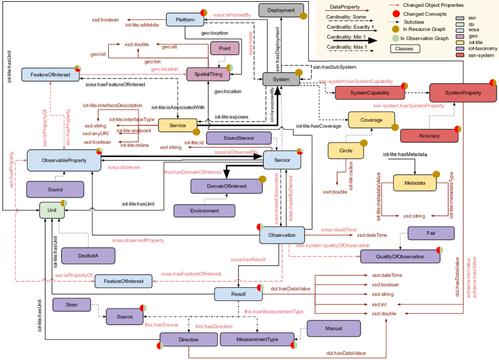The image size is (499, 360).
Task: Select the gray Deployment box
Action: click(x=280, y=10)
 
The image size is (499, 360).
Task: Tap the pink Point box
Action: click(x=224, y=49)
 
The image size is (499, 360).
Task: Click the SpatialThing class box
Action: click(x=207, y=74)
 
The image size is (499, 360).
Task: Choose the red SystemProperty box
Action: click(x=463, y=93)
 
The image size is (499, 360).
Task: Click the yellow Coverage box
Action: click(x=371, y=120)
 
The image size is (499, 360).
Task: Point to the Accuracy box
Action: click(x=429, y=136)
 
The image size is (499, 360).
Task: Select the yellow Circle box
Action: click(x=346, y=151)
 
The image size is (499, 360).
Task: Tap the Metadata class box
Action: click(x=414, y=183)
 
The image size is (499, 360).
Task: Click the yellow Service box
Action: click(x=177, y=125)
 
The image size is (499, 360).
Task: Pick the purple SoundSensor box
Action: click(x=239, y=138)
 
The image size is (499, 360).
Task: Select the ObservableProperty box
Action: click(x=64, y=160)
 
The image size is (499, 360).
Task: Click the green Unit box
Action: click(x=52, y=210)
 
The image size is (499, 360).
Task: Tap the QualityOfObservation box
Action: click(x=400, y=256)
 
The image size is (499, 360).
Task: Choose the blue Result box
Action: click(x=238, y=294)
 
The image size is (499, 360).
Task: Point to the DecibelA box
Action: click(x=88, y=256)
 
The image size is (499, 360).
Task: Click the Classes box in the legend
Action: click(x=405, y=49)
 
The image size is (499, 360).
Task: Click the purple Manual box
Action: click(x=334, y=329)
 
